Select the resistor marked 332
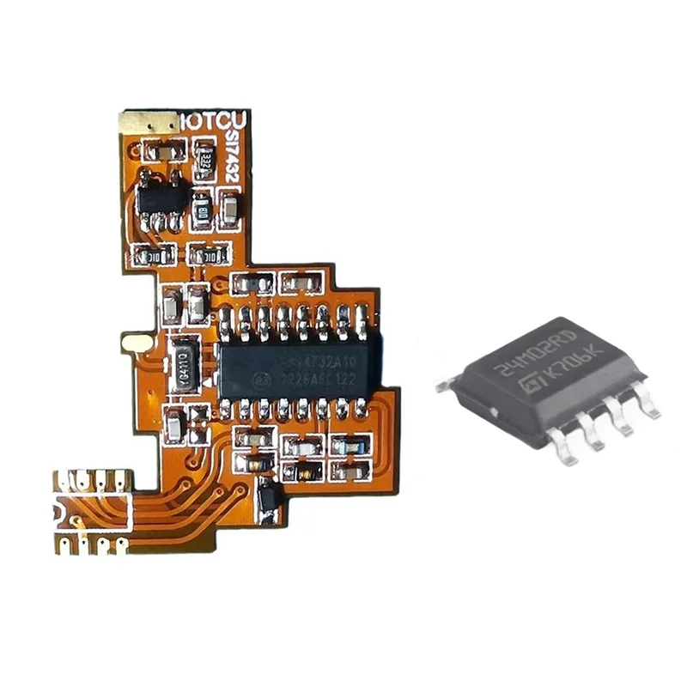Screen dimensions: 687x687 click(x=204, y=160)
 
